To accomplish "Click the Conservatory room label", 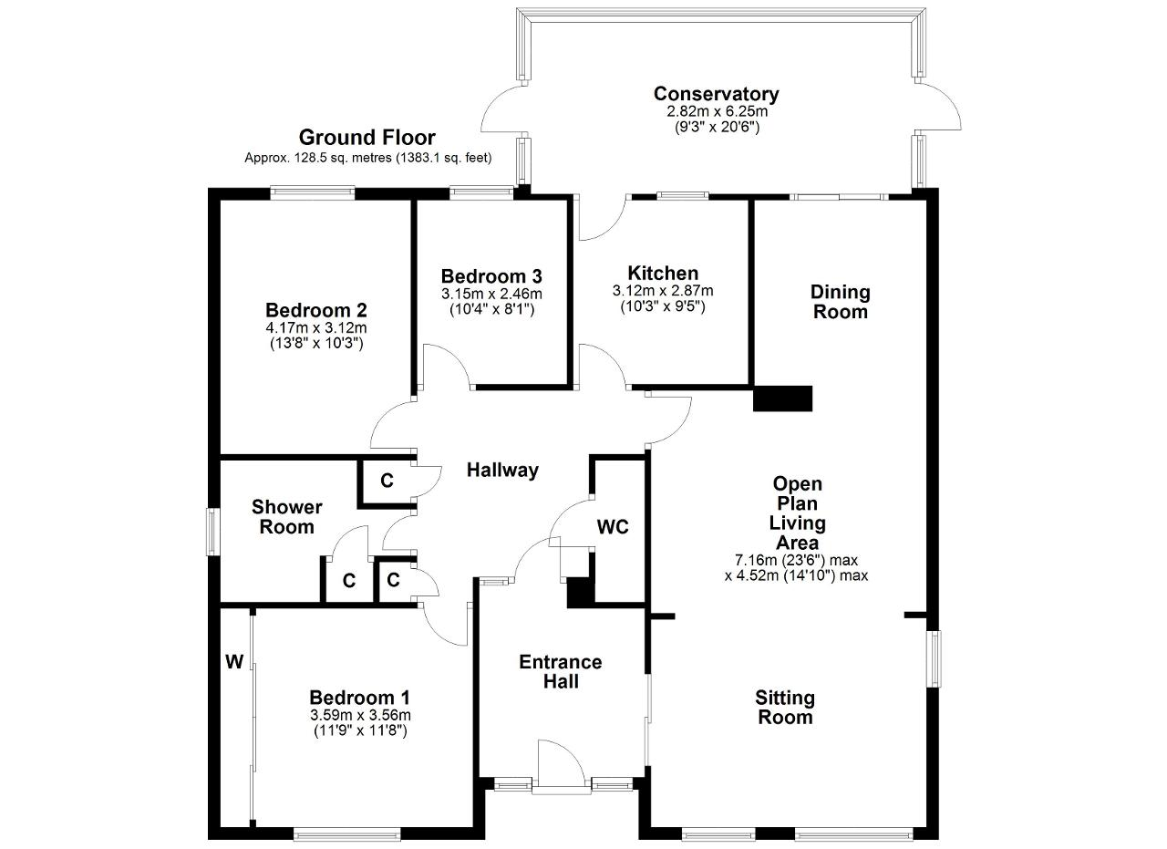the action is [x=717, y=94].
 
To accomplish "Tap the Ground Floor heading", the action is [x=367, y=138].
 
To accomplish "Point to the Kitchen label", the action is [x=663, y=273].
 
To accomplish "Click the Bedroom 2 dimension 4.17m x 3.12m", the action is [x=316, y=327].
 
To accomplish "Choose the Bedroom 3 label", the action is [x=491, y=275].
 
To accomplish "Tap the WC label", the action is [x=613, y=527].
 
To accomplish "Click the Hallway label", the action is [x=502, y=471].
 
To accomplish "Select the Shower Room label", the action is [x=286, y=516].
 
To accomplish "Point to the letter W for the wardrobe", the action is [x=234, y=662].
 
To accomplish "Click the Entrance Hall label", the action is [x=561, y=671].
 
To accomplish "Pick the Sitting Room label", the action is [x=785, y=708].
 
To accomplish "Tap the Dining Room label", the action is [x=841, y=302].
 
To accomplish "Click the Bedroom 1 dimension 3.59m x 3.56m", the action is [x=360, y=715].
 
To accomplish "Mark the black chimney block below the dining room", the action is [x=782, y=399].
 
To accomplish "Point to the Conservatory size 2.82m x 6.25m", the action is [x=717, y=111].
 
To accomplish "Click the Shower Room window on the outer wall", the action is [x=212, y=532].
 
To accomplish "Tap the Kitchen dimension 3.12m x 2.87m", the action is [x=663, y=291].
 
